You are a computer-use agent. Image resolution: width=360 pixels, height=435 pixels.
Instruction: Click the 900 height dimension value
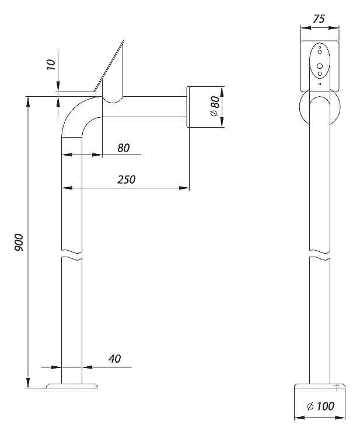coord(18,242)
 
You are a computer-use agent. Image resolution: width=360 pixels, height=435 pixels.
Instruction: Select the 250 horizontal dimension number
coord(126,180)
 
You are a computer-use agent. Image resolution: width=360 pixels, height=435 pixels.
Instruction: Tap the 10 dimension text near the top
coord(51,65)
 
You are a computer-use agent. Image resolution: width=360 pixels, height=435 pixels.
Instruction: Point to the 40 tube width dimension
coord(114,359)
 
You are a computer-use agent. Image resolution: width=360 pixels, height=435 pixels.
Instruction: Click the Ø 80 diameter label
coord(214,107)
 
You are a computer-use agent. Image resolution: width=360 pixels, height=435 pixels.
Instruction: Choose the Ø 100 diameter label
coord(320,406)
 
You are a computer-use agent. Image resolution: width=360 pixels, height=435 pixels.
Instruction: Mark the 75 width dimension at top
coord(319,19)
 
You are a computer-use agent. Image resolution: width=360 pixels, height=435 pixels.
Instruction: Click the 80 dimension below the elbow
coord(123,148)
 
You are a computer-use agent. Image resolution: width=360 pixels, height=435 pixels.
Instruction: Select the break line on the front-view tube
coord(319,257)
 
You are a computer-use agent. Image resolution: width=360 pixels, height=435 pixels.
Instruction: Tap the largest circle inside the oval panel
coord(319,65)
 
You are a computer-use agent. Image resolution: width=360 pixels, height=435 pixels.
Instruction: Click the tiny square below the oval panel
coord(319,84)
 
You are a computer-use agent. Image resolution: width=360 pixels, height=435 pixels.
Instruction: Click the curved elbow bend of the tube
coord(75,114)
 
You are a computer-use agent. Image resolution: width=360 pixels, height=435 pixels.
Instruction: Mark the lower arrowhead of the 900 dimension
coord(27,383)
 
